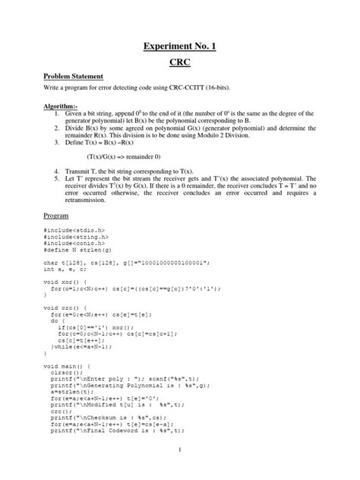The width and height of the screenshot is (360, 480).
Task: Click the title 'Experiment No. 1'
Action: [180, 47]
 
